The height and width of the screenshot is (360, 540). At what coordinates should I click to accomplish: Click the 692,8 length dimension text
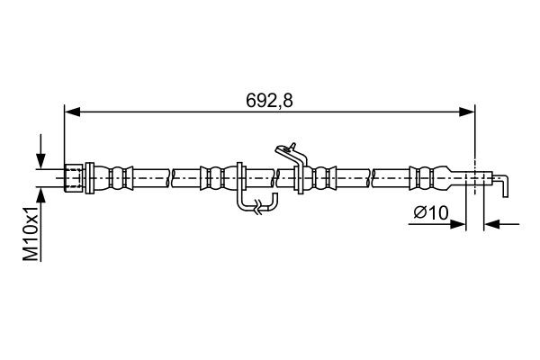coord(269,101)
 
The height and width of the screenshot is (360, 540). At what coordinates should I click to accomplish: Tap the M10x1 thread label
coord(31,234)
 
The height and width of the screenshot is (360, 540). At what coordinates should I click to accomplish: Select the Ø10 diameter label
coord(431,212)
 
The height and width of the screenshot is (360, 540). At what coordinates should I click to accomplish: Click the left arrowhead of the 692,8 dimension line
coord(72,112)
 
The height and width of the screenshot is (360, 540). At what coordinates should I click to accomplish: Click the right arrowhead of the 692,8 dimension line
coord(467,112)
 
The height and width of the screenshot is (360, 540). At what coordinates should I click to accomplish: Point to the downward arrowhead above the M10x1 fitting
coord(41,161)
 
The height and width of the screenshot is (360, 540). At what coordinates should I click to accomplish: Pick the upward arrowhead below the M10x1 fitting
coord(41,196)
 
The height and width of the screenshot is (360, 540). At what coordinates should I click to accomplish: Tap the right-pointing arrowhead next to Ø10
coord(458,224)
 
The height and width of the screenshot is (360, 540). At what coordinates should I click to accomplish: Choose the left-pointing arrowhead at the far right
coord(491,224)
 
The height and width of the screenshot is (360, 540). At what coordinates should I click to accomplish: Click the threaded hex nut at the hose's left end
coord(74,178)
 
